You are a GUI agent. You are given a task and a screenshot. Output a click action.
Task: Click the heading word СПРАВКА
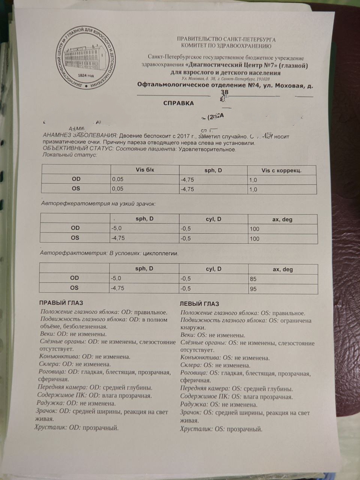tap(178, 103)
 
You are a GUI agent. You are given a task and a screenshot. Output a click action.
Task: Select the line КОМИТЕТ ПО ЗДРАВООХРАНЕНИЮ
tap(226, 46)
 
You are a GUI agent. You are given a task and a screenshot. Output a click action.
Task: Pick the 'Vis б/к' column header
tap(144, 170)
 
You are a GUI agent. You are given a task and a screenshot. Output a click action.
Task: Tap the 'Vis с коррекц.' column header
tap(281, 171)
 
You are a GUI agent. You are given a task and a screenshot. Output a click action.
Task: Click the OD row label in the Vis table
tap(76, 179)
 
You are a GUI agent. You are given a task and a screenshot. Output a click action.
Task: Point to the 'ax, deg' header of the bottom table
tap(282, 269)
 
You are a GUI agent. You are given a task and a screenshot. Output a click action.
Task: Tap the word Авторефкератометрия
tap(70, 204)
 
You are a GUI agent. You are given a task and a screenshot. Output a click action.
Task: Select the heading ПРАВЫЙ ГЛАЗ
tap(61, 303)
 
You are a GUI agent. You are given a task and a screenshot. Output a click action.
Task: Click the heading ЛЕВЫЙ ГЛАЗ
tap(199, 304)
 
